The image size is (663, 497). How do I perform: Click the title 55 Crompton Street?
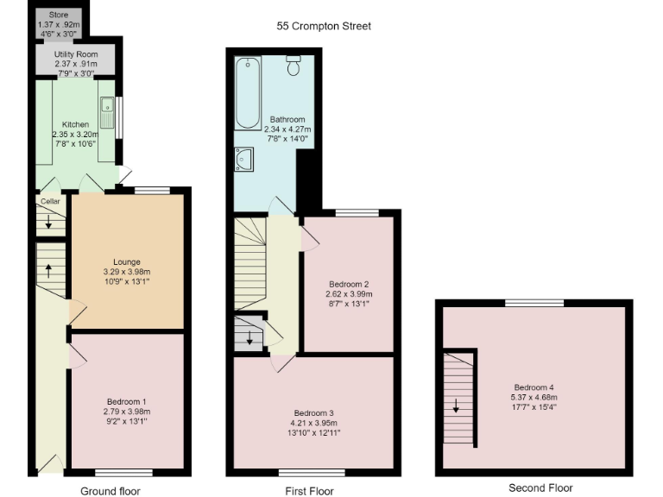click(324, 26)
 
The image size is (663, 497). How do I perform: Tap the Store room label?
click(58, 15)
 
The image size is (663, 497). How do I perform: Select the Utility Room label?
click(75, 54)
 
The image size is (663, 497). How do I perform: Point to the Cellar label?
click(48, 202)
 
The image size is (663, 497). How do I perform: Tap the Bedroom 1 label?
click(127, 401)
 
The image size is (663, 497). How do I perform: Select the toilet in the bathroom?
click(294, 65)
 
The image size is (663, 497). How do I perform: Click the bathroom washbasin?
click(243, 158)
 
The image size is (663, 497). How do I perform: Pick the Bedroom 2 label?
click(349, 283)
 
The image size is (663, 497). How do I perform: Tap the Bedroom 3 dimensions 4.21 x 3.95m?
click(313, 423)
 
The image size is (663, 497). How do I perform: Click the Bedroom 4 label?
click(534, 387)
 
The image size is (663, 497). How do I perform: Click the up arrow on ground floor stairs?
click(48, 270)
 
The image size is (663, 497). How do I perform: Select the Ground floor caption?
click(110, 491)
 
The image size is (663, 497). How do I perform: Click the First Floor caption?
click(309, 491)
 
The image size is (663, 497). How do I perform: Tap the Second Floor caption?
click(540, 488)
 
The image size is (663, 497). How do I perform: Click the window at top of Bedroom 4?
click(529, 302)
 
